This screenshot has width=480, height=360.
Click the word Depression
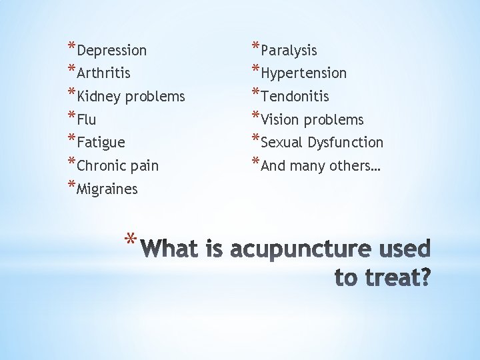pos(111,51)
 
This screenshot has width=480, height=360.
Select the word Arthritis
pos(103,73)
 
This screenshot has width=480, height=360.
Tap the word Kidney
pos(99,97)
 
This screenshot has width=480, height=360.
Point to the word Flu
pos(87,121)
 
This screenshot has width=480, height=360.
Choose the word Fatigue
pos(101,143)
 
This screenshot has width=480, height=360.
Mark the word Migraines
pos(107,189)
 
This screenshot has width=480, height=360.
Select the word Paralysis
pos(289,51)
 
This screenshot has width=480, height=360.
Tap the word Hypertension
pos(303,73)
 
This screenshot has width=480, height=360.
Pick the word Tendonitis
pos(295,97)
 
